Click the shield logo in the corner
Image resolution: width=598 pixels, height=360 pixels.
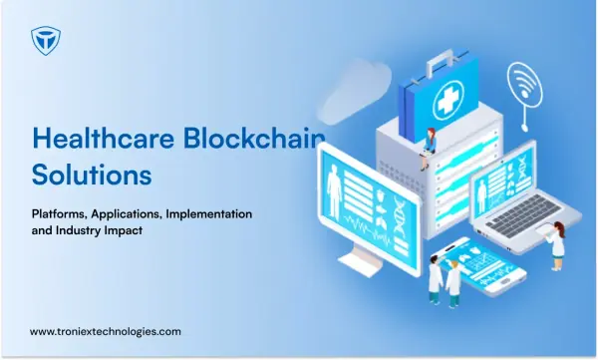[x=46, y=41]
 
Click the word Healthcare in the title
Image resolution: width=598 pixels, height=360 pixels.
[x=104, y=138]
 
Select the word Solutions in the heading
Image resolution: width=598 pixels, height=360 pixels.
[x=92, y=175]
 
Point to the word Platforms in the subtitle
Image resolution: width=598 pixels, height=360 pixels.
[x=60, y=213]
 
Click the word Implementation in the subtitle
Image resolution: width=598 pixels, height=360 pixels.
[x=209, y=213]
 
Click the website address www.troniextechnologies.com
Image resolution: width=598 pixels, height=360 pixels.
[x=106, y=331]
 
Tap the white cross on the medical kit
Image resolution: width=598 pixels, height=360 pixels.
[x=448, y=99]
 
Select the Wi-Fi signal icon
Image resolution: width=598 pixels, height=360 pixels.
[x=525, y=86]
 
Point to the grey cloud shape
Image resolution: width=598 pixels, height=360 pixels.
[x=355, y=92]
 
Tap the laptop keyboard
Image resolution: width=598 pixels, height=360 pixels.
[x=522, y=216]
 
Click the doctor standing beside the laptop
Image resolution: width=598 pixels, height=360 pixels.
[x=556, y=245]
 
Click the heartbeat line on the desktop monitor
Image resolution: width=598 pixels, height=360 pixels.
[x=367, y=229]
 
